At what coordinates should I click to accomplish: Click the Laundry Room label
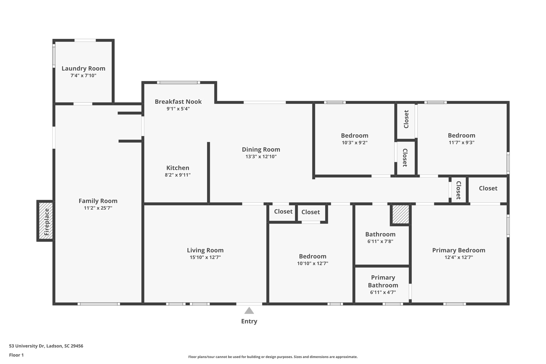[83, 69]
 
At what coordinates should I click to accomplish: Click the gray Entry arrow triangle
[249, 311]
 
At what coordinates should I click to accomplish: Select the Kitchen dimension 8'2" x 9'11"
[178, 175]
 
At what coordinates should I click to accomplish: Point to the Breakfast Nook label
[178, 102]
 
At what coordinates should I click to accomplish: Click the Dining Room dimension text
[261, 157]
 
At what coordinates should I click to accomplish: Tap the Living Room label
[205, 250]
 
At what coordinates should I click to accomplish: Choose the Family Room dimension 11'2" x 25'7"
[98, 208]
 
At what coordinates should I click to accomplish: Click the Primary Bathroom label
[383, 281]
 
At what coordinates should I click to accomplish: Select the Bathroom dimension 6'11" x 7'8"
[380, 242]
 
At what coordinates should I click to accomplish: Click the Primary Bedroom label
[459, 250]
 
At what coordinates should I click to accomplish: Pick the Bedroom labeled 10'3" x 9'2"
[355, 135]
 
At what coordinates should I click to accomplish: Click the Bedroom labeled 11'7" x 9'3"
[461, 135]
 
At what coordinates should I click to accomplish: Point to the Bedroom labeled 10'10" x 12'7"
[312, 256]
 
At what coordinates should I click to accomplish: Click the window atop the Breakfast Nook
[178, 82]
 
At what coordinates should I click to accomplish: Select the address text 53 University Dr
[46, 346]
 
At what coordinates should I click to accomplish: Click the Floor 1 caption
[16, 355]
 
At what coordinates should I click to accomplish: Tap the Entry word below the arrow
[249, 321]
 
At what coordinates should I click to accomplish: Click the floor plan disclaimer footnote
[273, 357]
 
